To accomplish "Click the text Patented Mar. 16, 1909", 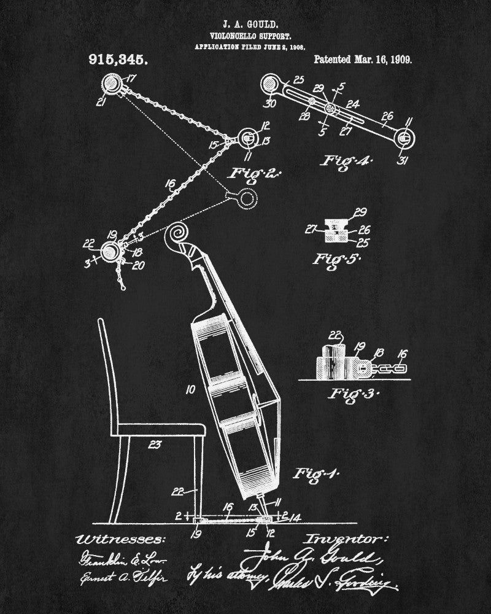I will (362, 60).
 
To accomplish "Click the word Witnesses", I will (119, 540).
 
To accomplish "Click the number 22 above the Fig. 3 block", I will (334, 335).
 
